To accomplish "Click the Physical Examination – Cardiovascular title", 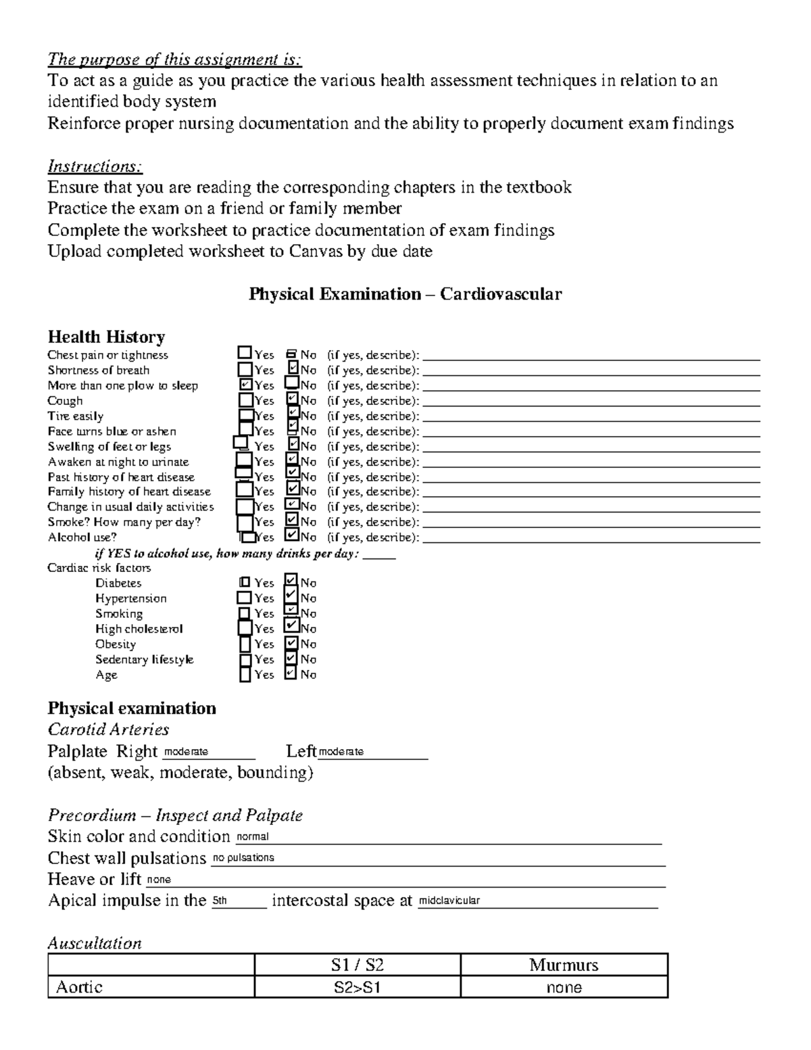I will [405, 294].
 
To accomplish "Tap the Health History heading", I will [106, 337].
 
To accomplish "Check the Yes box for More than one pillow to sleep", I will [245, 385].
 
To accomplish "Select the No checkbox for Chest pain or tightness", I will [292, 354].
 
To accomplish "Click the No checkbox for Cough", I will [292, 400].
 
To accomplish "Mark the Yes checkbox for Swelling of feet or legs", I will [241, 444].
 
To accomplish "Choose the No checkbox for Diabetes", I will [291, 581].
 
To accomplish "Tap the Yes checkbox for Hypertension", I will [244, 598].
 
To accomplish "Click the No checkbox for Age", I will [291, 673].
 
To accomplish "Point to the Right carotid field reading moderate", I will [207, 752].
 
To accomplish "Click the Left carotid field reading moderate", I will [372, 752].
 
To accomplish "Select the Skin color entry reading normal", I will [447, 837].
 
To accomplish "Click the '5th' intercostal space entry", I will [239, 901].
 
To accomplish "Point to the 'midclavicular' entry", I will [537, 901].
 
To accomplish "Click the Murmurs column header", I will [564, 965].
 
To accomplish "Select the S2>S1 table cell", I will [358, 987].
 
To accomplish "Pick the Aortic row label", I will [79, 987].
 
